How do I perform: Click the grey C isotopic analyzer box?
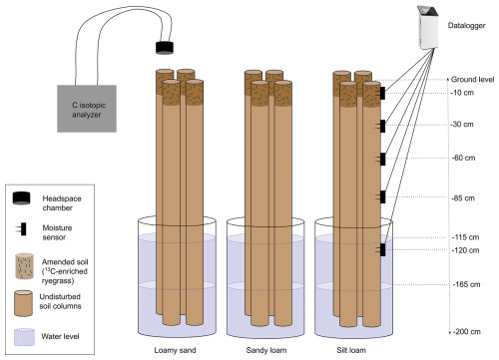click(x=87, y=109)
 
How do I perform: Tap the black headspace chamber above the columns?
click(x=165, y=48)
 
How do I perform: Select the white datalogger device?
click(x=428, y=28)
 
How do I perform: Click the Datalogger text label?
click(x=466, y=26)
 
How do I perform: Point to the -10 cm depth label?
click(x=462, y=93)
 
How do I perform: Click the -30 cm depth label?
click(x=462, y=125)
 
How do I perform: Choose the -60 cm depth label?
click(x=463, y=158)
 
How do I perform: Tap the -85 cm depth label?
click(x=463, y=198)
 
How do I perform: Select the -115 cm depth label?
click(x=465, y=237)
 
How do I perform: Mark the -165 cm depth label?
click(x=466, y=284)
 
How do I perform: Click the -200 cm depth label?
click(x=467, y=331)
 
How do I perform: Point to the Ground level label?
click(x=472, y=80)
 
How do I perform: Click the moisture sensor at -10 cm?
click(x=381, y=93)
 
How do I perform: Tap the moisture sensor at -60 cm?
click(x=381, y=160)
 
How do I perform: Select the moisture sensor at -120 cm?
click(x=381, y=249)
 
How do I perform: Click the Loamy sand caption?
click(x=175, y=350)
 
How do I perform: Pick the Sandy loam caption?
click(x=266, y=350)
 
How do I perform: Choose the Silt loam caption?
click(x=351, y=350)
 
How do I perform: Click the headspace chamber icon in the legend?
click(x=21, y=198)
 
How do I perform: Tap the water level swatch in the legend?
click(x=24, y=337)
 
